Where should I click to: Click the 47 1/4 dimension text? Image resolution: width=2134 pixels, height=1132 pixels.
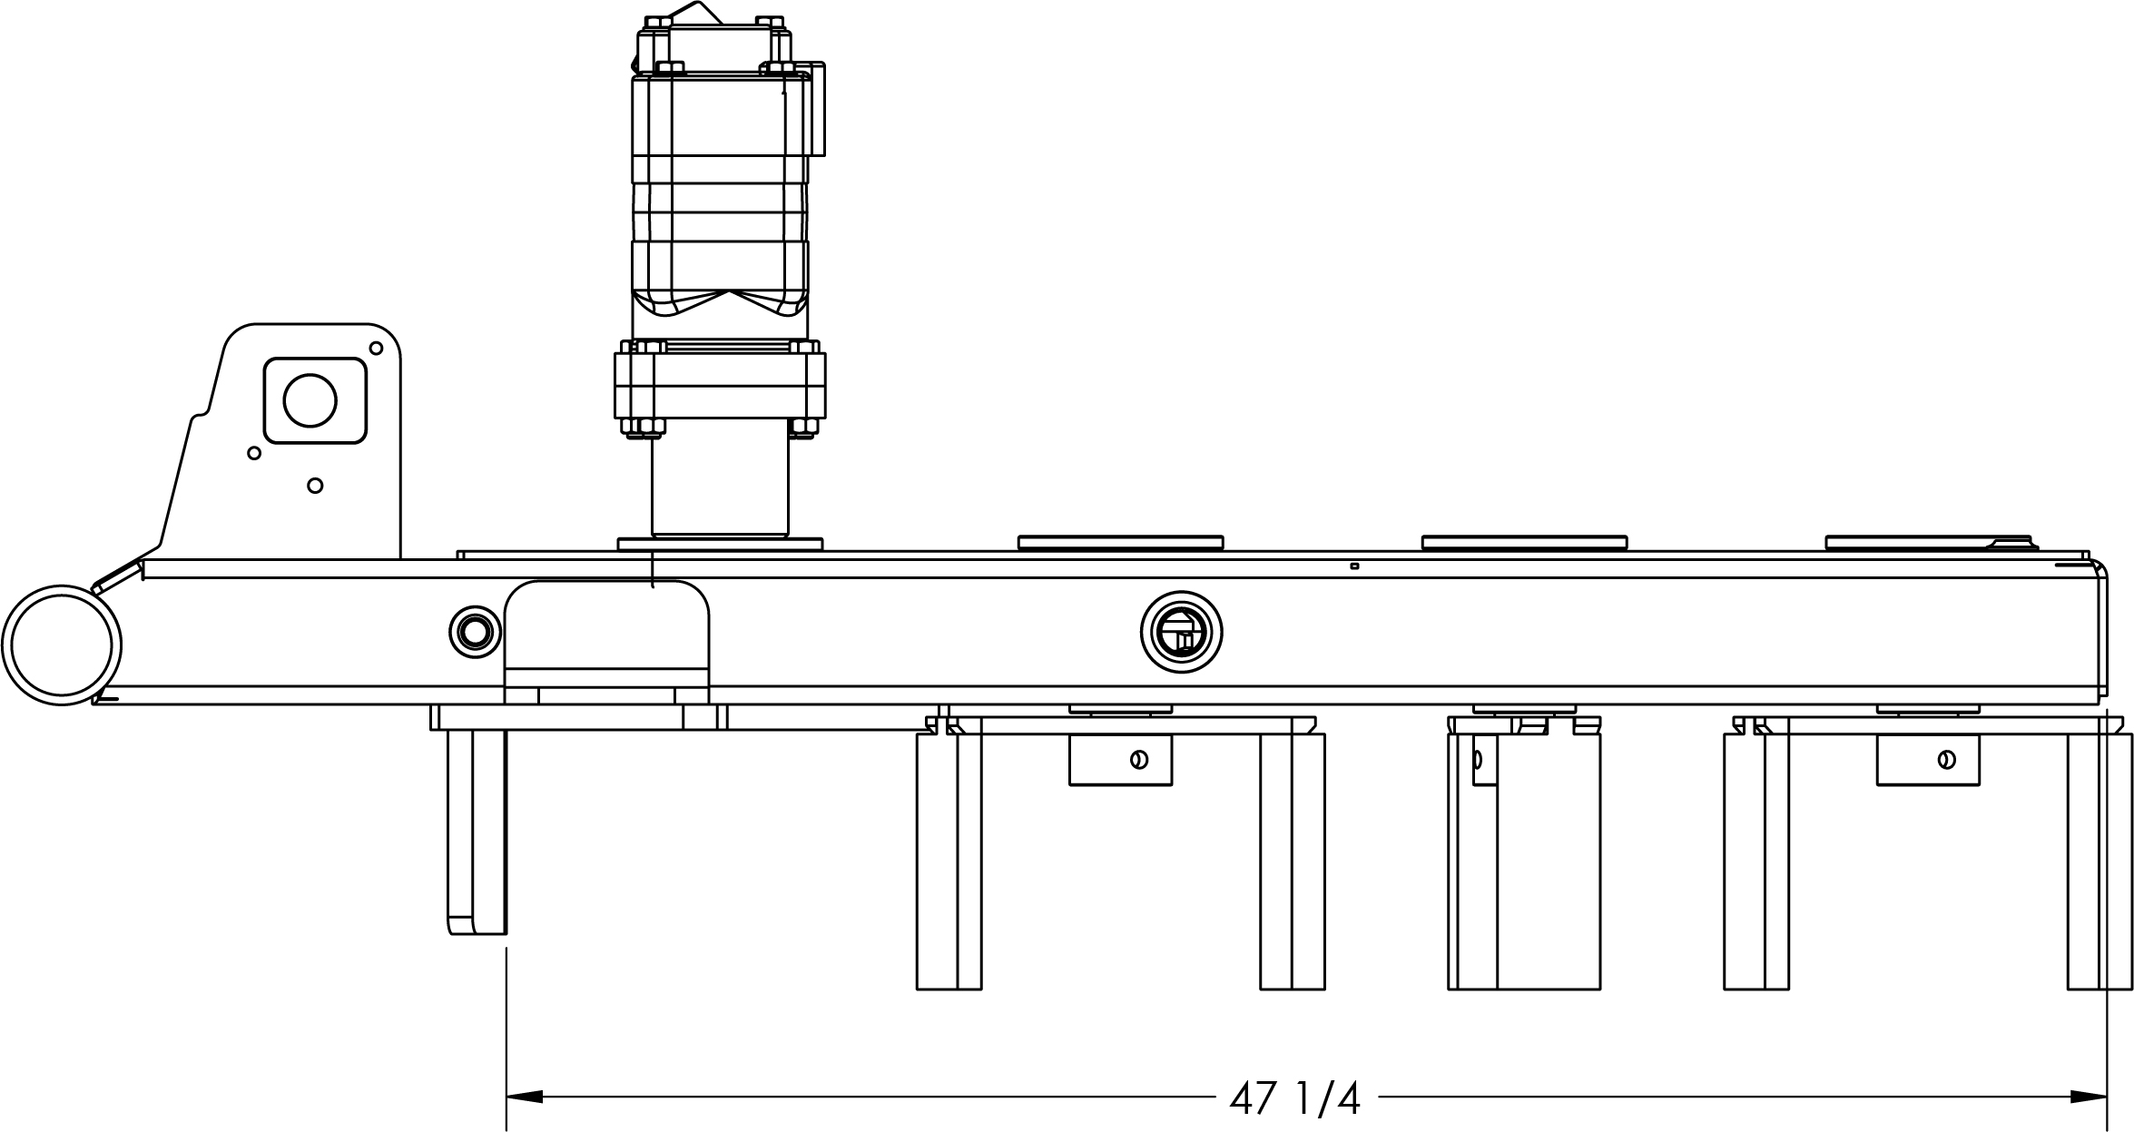coord(1295,1098)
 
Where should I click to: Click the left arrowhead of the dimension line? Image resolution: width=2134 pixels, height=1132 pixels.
coord(525,1097)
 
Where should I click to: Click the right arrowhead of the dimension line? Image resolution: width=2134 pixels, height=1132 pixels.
coord(2089,1097)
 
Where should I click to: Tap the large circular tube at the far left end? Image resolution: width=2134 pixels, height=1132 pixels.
coord(62,645)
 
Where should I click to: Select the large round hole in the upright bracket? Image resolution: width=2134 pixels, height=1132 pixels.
coord(310,400)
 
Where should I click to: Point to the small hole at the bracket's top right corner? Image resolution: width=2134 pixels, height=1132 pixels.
coord(376,348)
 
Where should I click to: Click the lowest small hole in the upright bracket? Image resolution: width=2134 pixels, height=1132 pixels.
coord(315,486)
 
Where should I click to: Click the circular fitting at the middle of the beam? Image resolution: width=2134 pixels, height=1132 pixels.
coord(1181,632)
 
